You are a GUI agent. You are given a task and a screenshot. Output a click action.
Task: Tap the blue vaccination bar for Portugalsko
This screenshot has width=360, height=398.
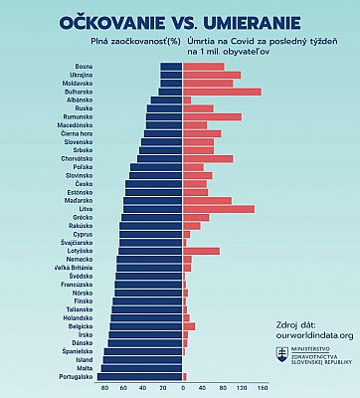[140, 376]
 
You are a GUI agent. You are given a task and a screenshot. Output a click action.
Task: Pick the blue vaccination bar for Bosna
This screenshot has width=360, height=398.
[171, 66]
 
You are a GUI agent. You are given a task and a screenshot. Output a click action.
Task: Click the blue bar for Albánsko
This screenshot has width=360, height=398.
[166, 99]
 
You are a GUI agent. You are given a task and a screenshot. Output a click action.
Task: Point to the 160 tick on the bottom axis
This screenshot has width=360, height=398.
[263, 388]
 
